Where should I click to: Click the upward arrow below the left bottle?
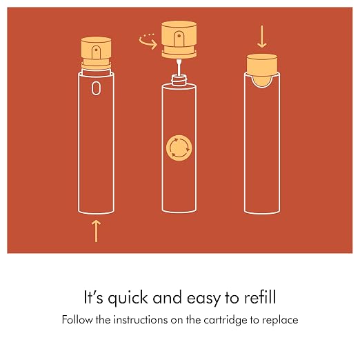click(96, 231)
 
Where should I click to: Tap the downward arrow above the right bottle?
click(262, 37)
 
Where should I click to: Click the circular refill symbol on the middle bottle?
click(179, 148)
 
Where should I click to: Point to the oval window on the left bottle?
click(96, 88)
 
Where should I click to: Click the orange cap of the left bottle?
click(96, 53)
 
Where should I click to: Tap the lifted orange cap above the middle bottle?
click(179, 39)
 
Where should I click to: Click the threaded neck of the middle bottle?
click(179, 80)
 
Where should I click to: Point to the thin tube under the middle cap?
click(179, 67)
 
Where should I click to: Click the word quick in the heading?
click(128, 298)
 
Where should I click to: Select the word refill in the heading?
click(260, 297)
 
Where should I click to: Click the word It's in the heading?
click(94, 297)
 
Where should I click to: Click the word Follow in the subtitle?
click(77, 319)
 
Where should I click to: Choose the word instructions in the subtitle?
click(141, 320)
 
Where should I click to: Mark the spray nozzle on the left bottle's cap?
click(96, 52)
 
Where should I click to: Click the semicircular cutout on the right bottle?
click(262, 82)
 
